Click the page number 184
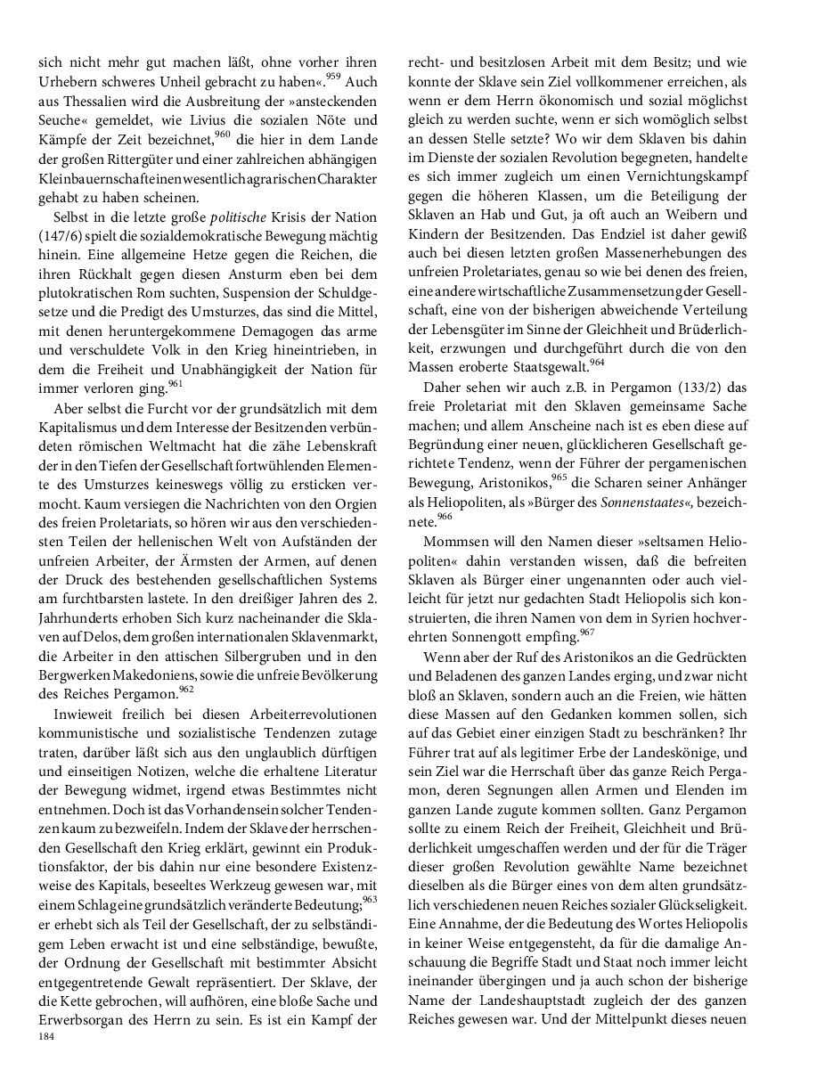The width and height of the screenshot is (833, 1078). coord(47,1037)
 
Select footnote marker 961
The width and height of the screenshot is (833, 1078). coord(177,384)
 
